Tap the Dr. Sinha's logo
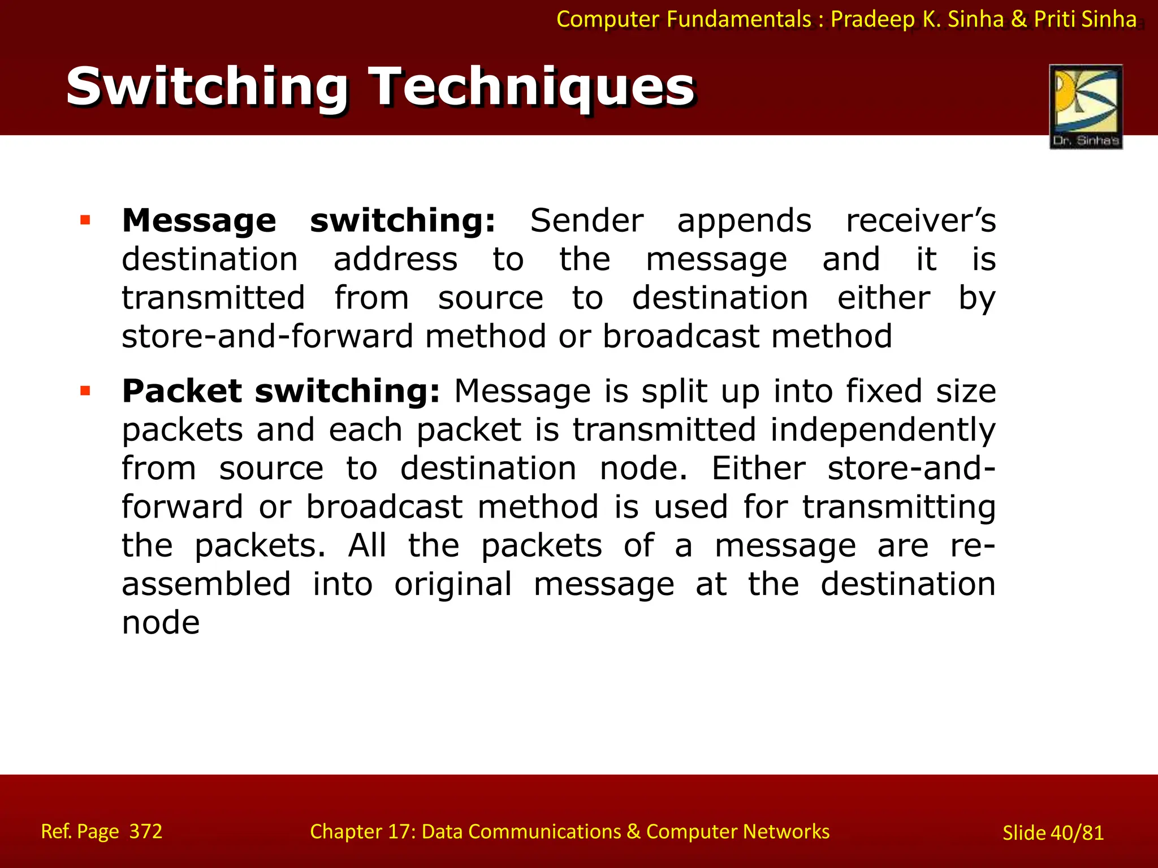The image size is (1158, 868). tap(1086, 107)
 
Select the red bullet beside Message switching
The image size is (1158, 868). tap(85, 220)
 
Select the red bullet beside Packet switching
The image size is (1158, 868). tap(85, 390)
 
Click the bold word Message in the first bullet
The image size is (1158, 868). tap(199, 220)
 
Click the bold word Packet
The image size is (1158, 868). tap(182, 391)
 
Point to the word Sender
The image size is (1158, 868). tap(586, 220)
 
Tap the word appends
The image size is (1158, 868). tap(744, 222)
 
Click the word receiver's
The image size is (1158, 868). tap(921, 220)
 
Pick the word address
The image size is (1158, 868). tap(395, 259)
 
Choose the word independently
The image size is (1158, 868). tap(883, 431)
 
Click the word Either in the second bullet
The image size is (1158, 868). tap(758, 468)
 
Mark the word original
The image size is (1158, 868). tap(453, 585)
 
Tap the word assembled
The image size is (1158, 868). tap(206, 584)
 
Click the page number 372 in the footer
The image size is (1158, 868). tap(146, 831)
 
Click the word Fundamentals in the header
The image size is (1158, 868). tap(739, 19)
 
